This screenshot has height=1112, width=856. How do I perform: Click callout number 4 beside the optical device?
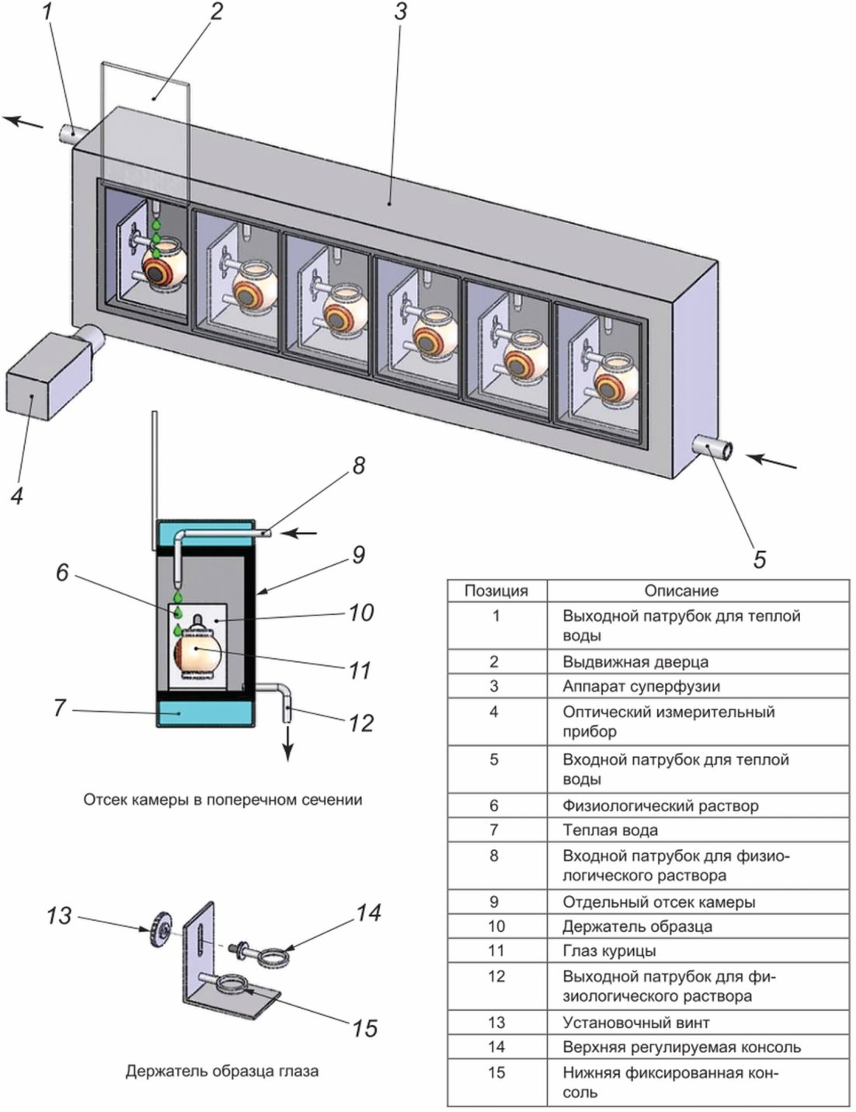pos(18,495)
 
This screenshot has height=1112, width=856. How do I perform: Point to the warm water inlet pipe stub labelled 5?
pos(713,448)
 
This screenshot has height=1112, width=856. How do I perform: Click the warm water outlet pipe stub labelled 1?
pos(70,134)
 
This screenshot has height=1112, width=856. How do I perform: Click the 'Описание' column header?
pos(681,591)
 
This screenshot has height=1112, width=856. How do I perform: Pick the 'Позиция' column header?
pos(496,591)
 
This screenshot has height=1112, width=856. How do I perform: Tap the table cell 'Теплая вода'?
pos(610,830)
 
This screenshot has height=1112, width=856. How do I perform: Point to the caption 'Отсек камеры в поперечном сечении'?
pos(222,800)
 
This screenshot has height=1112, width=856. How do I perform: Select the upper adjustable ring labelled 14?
pos(274,957)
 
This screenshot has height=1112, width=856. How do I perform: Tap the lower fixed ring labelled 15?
pos(233,985)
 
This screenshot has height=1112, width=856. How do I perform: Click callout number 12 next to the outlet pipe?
pos(361,723)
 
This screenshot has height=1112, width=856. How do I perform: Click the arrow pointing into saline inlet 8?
pos(300,534)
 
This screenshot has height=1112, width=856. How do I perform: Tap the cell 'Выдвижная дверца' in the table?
pos(635,661)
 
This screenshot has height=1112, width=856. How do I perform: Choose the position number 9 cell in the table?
pos(493,902)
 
